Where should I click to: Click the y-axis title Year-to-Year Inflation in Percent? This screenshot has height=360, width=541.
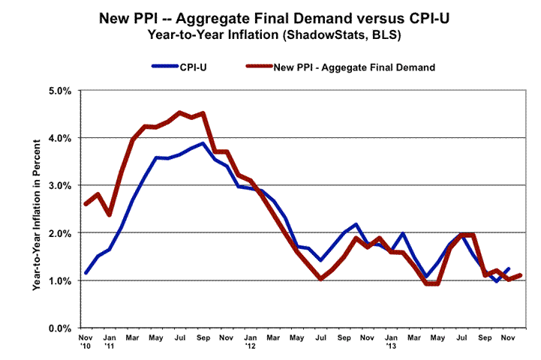pos(36,209)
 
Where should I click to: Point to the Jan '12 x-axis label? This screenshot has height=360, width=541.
pos(250,343)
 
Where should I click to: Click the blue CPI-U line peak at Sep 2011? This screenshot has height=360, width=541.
pos(203,143)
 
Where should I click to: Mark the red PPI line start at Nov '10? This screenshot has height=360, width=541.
pos(86,204)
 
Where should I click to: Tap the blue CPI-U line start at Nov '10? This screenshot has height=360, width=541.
pos(86,273)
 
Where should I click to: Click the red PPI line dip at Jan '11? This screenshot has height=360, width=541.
pos(110,214)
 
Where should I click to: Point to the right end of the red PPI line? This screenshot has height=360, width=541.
pos(520,275)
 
